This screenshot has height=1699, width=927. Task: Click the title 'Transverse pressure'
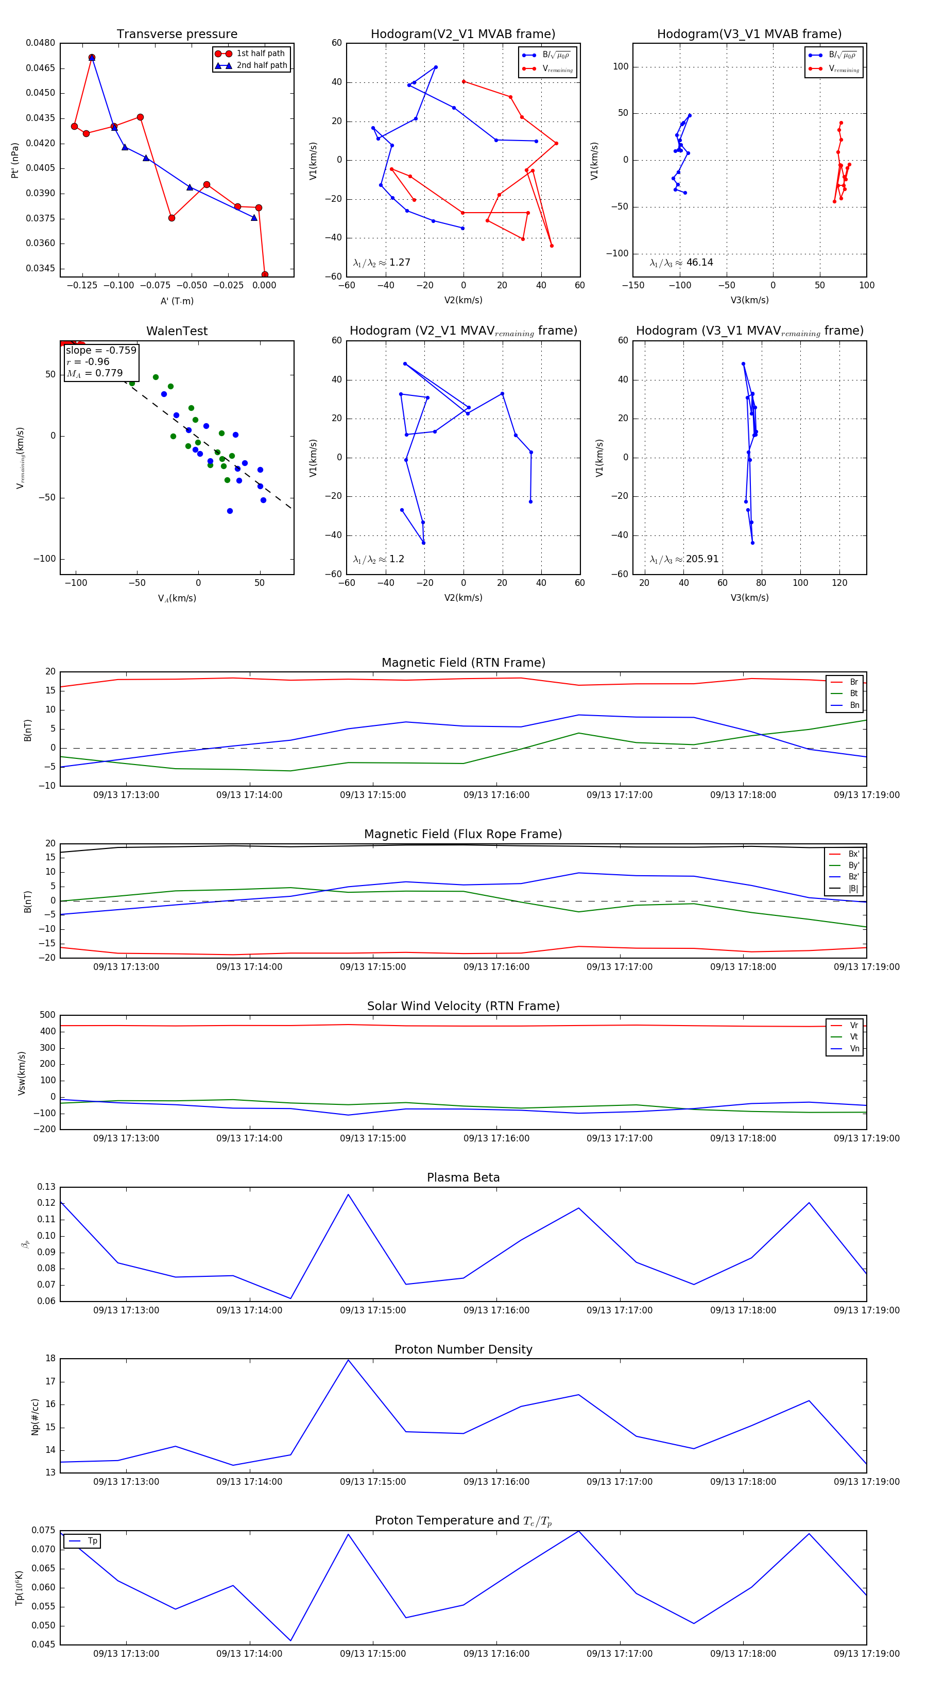pyautogui.click(x=177, y=34)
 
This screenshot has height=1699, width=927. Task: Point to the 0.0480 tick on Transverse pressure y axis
pyautogui.click(x=41, y=43)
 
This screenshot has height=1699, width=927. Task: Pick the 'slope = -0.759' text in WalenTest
pyautogui.click(x=101, y=350)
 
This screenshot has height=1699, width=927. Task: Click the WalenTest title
pyautogui.click(x=177, y=331)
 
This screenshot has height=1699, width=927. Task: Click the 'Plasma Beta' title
pyautogui.click(x=463, y=1178)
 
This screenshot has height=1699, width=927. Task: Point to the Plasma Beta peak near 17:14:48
pyautogui.click(x=348, y=1194)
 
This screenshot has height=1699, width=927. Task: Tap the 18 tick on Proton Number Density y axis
pyautogui.click(x=50, y=1359)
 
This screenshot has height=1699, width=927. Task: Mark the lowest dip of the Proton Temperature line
pyautogui.click(x=290, y=1640)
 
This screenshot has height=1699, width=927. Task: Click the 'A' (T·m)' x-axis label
pyautogui.click(x=177, y=301)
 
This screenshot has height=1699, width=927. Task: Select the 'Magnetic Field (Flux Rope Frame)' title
pyautogui.click(x=463, y=835)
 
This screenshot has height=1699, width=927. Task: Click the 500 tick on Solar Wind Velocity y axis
pyautogui.click(x=47, y=1015)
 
